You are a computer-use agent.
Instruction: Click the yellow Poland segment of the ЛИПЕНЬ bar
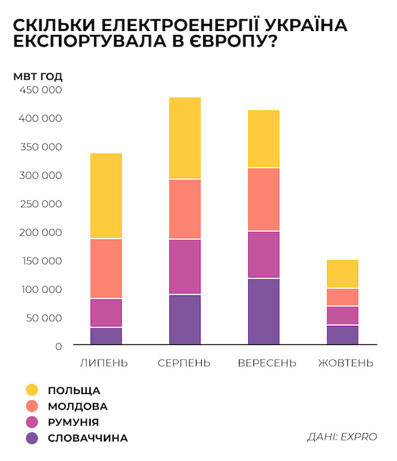coord(106,195)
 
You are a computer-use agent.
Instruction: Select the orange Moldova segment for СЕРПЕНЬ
coord(185,209)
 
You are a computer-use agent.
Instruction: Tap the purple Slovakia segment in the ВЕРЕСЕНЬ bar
coord(263,311)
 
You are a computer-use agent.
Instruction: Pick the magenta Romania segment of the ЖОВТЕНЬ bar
coord(342,315)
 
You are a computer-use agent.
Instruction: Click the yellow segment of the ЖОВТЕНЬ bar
coord(342,274)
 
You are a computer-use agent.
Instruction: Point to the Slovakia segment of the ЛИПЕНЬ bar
coord(106,336)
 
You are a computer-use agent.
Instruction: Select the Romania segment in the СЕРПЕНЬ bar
coord(185,266)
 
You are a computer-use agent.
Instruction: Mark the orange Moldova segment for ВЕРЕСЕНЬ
coord(263,199)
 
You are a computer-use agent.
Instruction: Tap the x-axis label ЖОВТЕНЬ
coord(345,363)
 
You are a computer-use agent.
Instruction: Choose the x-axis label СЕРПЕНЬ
coord(185,363)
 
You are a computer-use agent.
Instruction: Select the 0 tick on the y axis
coord(58,346)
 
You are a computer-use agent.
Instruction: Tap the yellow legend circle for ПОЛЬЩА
coord(31,390)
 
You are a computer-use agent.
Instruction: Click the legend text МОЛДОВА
coord(77,406)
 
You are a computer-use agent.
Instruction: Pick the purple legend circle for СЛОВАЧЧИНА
coord(31,438)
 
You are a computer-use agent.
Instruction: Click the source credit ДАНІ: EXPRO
coord(342,436)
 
